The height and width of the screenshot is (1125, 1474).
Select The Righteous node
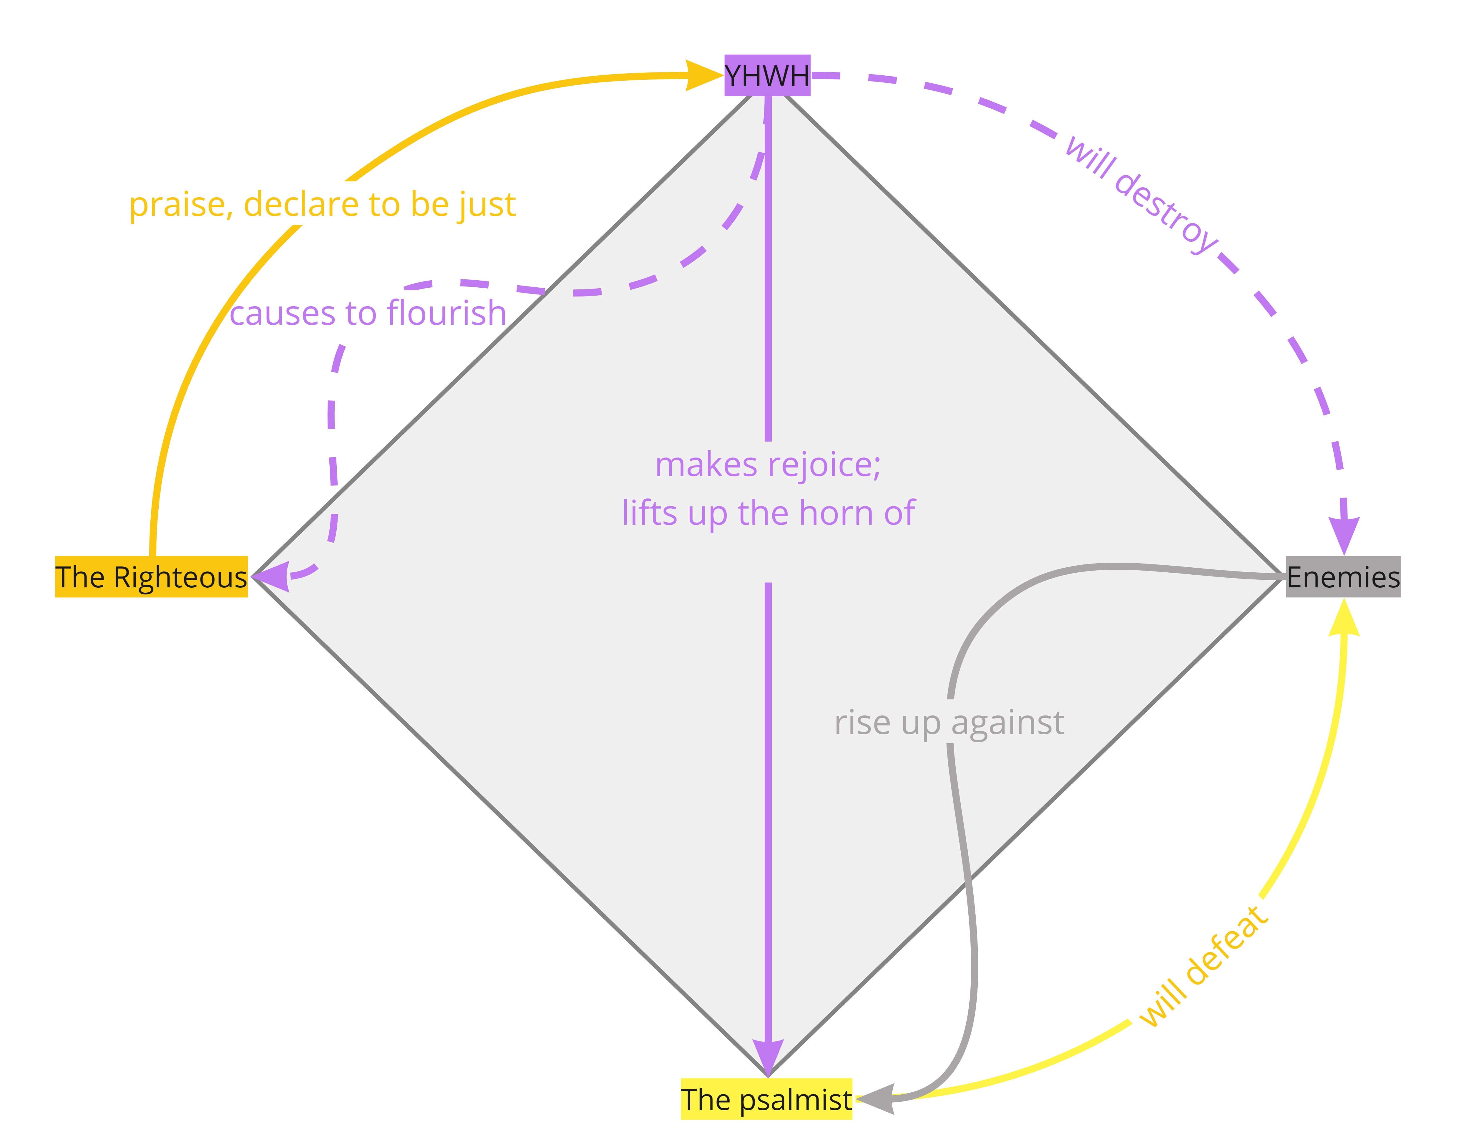151,576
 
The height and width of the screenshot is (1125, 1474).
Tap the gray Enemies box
1343,576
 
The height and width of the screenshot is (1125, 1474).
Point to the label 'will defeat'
1203,966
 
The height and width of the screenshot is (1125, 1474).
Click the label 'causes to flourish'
368,313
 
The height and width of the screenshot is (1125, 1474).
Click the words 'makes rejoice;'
768,465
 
